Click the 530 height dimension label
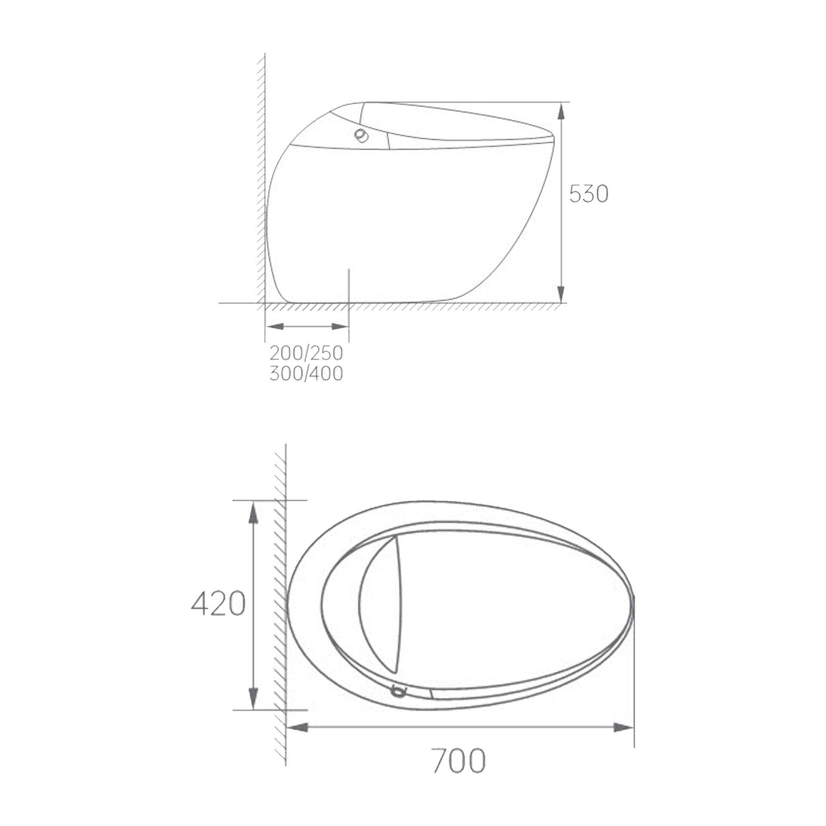point(588,194)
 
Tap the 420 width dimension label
point(218,603)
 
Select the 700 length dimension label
point(459,761)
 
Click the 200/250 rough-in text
point(306,353)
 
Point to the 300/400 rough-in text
point(306,373)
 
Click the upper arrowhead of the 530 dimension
point(561,111)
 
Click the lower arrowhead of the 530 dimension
point(561,294)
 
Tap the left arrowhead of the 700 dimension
point(297,727)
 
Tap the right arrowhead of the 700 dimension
point(623,727)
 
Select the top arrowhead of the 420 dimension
point(253,512)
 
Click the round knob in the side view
point(361,135)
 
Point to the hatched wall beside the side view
point(260,181)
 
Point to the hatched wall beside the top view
point(280,602)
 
